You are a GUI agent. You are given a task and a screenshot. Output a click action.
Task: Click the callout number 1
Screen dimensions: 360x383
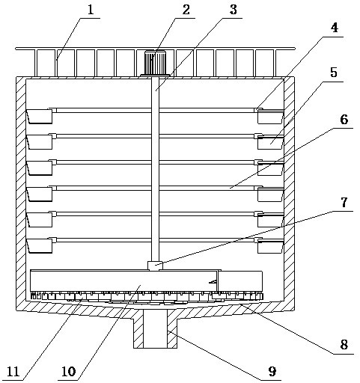coord(91,10)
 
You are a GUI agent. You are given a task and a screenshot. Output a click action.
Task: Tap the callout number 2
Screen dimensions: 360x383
coord(186,10)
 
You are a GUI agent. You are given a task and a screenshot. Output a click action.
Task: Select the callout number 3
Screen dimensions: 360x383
coord(233,10)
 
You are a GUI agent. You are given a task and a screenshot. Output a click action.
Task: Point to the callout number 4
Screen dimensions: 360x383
coord(335,28)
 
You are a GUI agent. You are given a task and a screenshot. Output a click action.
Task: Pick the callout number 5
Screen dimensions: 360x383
coord(334,73)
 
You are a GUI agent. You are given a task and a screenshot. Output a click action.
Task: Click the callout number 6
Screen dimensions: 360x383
coord(344,120)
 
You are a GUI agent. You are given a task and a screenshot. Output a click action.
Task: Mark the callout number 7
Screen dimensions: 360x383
coord(344,203)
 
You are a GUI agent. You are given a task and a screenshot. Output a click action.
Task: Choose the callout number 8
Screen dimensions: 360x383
coord(344,345)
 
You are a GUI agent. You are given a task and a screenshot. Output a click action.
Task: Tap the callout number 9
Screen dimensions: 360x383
coord(272,372)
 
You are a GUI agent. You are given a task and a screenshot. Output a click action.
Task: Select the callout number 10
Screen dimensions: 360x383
coord(68,372)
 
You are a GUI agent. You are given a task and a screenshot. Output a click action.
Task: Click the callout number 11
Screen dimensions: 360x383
coord(13,372)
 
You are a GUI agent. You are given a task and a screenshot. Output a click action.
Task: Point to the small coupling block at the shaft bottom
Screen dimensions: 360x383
coord(155,266)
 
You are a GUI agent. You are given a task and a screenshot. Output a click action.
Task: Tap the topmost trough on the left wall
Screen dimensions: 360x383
coord(40,117)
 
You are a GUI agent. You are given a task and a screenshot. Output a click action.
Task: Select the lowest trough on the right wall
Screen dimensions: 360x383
coord(271,246)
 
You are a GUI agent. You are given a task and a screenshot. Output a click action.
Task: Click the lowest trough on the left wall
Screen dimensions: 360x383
coord(40,246)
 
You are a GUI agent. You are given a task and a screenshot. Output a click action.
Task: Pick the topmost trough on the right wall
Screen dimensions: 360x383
coord(271,117)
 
